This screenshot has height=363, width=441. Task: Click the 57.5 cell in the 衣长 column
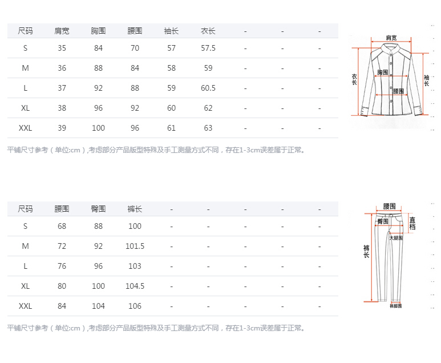tap(208, 49)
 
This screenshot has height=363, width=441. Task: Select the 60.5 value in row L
tap(208, 88)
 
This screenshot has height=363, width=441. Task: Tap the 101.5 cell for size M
tap(135, 247)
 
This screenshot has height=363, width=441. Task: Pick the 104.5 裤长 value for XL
tap(135, 287)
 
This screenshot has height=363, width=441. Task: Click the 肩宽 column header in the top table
tap(62, 31)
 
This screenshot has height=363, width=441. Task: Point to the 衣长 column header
tap(208, 31)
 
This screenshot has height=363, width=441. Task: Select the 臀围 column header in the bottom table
tap(99, 209)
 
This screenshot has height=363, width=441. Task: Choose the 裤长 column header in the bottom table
tap(135, 209)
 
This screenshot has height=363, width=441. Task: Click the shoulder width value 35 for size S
tap(62, 49)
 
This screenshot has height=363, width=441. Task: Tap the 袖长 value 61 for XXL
tap(172, 128)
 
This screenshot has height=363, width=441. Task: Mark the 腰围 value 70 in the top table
tap(135, 49)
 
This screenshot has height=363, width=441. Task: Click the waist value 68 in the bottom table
tap(62, 227)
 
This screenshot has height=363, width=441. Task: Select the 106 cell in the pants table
tap(135, 306)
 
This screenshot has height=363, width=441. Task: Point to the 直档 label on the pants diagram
tap(412, 223)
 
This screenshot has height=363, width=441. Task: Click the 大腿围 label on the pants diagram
tap(396, 237)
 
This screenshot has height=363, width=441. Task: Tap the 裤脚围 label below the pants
tap(396, 306)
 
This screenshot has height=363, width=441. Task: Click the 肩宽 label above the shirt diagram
tap(391, 38)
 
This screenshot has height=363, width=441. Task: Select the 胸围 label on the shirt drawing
tap(383, 72)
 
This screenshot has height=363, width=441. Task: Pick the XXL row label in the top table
tap(26, 128)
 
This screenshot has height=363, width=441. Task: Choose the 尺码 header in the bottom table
tap(26, 209)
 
